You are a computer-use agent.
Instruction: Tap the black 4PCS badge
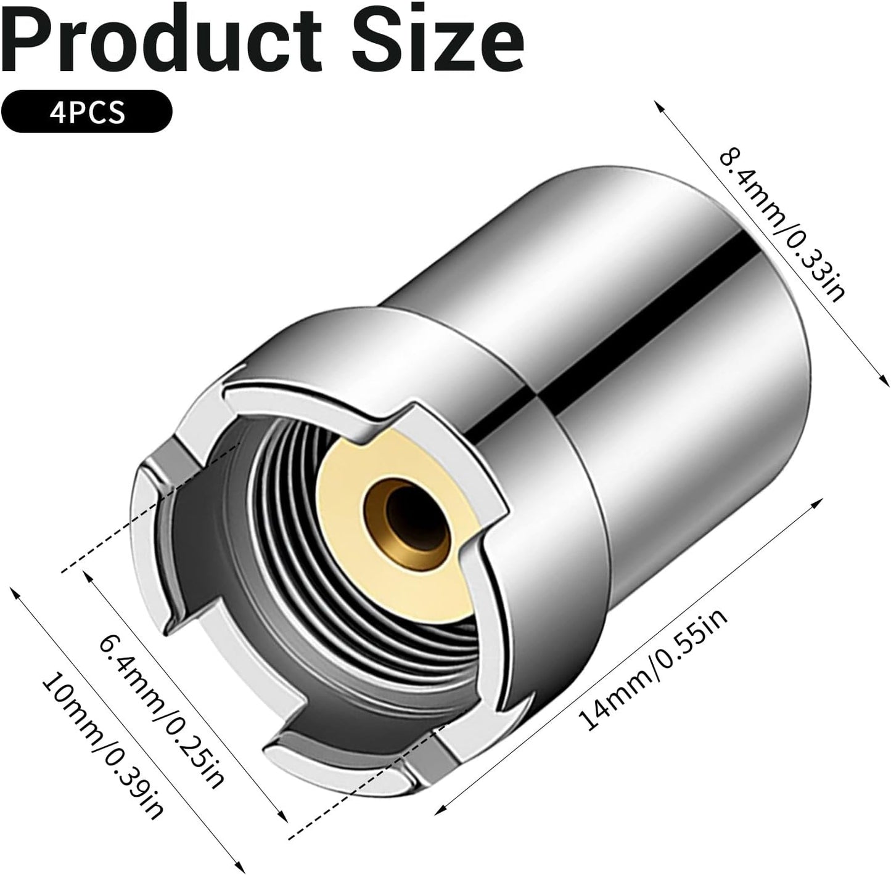86,112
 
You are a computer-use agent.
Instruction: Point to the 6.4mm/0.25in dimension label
162,702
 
